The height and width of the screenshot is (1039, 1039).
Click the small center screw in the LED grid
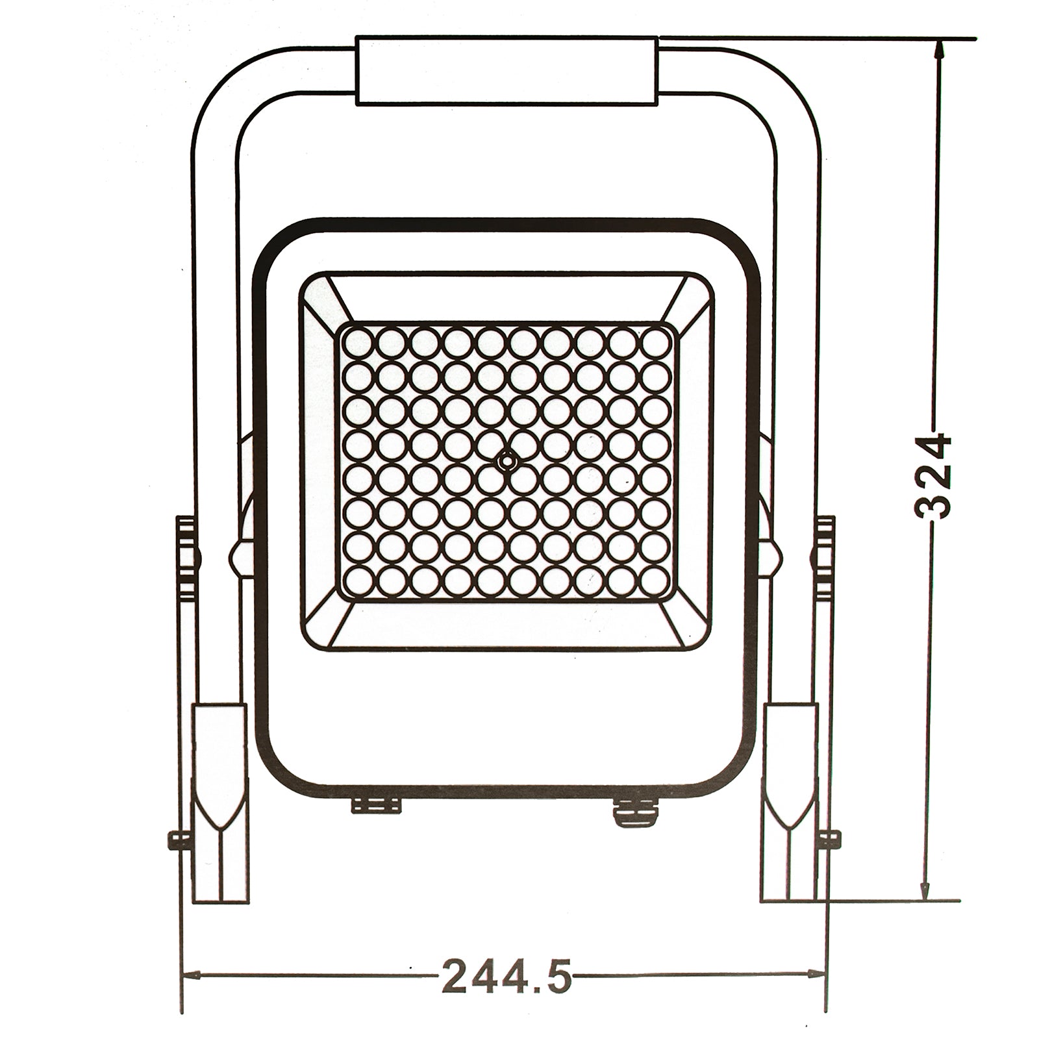tap(506, 460)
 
